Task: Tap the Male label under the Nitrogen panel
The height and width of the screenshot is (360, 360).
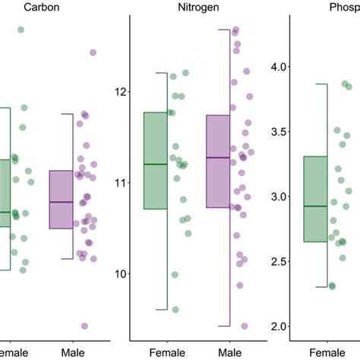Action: pyautogui.click(x=229, y=353)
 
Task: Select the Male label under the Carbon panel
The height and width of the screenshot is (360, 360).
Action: pyautogui.click(x=73, y=353)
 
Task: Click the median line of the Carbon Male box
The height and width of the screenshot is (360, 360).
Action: pyautogui.click(x=71, y=202)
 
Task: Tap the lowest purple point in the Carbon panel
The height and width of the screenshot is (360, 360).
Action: pyautogui.click(x=84, y=326)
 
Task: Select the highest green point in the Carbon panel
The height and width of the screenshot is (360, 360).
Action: pyautogui.click(x=21, y=30)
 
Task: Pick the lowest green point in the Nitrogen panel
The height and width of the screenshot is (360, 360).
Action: pyautogui.click(x=175, y=309)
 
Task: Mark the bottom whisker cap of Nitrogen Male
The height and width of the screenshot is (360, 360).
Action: pyautogui.click(x=223, y=326)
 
